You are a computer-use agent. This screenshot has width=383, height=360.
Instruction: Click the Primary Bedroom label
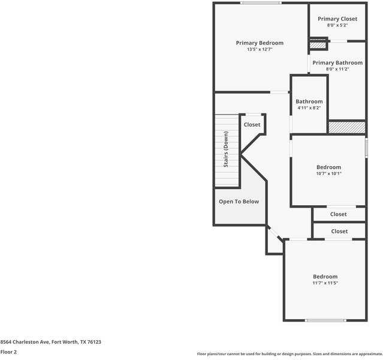[x=260, y=43]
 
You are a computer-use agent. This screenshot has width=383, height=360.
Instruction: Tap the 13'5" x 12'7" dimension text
[x=260, y=49]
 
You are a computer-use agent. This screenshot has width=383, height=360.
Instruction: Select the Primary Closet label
[x=337, y=19]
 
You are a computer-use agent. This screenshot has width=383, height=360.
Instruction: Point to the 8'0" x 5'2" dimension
[x=337, y=25]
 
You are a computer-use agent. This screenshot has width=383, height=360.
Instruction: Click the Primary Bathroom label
[x=337, y=63]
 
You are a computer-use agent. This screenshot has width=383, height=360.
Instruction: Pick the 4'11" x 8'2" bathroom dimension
[x=309, y=108]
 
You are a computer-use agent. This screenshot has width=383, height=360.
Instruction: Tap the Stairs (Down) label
[x=226, y=149]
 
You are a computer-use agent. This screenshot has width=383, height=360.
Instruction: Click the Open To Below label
[x=239, y=202]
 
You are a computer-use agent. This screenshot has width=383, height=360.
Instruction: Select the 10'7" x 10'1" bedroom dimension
[x=329, y=173]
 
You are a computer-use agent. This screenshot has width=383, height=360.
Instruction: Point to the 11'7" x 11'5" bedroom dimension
[x=325, y=283]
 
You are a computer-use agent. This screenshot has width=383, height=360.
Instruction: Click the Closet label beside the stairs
[x=252, y=125]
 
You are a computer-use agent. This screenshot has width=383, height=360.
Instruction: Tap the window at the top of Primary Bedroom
[x=261, y=3]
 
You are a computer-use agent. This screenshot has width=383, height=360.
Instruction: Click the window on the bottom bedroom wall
[x=325, y=320]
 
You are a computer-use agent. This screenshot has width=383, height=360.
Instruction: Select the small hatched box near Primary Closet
[x=318, y=46]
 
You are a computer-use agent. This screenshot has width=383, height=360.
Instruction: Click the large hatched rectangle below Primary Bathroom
[x=346, y=127]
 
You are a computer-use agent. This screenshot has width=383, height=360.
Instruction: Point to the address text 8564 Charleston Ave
[x=25, y=342]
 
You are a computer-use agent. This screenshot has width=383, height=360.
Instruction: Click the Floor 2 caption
[x=8, y=352]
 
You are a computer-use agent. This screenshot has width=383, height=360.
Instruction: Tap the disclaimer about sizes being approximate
[x=289, y=354]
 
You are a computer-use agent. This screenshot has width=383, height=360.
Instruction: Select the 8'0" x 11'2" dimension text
[x=337, y=69]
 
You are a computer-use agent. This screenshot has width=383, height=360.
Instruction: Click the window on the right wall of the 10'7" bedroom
[x=366, y=148]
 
